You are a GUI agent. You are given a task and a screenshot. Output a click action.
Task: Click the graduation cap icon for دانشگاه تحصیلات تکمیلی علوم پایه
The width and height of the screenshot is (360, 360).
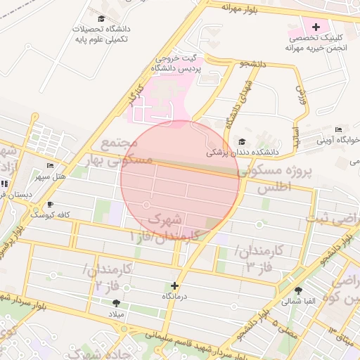(x=102, y=19)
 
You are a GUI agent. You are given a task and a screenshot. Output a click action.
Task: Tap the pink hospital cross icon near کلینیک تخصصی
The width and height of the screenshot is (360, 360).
(x=316, y=26)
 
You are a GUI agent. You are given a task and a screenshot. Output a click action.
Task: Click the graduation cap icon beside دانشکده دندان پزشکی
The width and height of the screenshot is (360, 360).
(x=243, y=141)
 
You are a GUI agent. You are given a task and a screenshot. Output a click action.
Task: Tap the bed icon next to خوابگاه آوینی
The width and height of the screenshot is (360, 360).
(x=338, y=130)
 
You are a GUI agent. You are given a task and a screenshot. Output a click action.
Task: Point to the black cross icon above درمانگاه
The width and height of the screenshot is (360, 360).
(x=174, y=285)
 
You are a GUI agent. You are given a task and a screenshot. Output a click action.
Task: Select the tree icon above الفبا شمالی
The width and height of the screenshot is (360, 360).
(x=299, y=290)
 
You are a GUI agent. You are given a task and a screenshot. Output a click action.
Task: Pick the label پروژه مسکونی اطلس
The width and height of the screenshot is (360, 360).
(x=274, y=180)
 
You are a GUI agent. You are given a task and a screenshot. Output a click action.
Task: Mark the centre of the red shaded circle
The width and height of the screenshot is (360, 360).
(x=180, y=179)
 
